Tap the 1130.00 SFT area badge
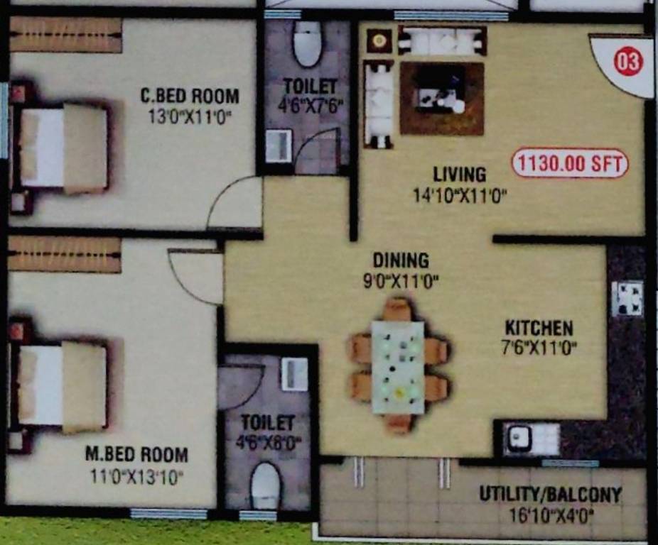[x=571, y=164]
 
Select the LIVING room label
[x=460, y=174]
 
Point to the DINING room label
[x=401, y=260]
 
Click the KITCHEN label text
[x=539, y=328]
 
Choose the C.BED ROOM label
[x=189, y=96]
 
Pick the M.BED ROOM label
[x=136, y=454]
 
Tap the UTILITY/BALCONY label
[x=550, y=494]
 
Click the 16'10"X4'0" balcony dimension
[x=551, y=514]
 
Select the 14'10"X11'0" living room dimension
[x=460, y=195]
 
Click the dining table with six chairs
[x=398, y=367]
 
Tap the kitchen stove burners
[x=627, y=299]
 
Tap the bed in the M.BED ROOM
[x=61, y=387]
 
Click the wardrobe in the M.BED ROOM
[x=64, y=255]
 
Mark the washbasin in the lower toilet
[x=294, y=373]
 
